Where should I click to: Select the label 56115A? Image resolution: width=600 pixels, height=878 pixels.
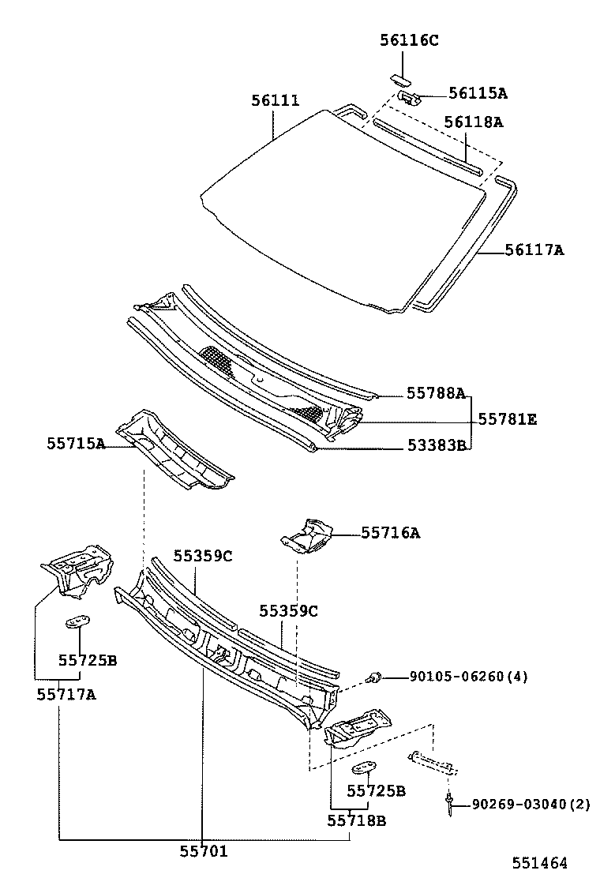(478, 93)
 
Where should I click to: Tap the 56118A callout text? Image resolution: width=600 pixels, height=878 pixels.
(473, 122)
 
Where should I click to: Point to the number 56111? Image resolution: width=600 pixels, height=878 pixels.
(276, 101)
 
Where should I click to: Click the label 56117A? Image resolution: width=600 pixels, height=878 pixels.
(534, 250)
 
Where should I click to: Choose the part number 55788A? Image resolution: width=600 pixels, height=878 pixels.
(436, 392)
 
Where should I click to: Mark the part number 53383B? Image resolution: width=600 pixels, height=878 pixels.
(436, 446)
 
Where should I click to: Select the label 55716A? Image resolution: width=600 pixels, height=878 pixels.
(391, 534)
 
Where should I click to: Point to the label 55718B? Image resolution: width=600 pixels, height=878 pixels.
(357, 820)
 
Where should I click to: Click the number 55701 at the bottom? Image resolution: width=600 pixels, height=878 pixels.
(203, 850)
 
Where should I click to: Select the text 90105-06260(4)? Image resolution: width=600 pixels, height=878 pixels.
(469, 677)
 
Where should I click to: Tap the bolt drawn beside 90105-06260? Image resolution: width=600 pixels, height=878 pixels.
(376, 677)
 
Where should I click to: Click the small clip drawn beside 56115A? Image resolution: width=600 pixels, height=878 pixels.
(409, 96)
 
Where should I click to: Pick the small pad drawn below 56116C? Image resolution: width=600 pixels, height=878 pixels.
(399, 77)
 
